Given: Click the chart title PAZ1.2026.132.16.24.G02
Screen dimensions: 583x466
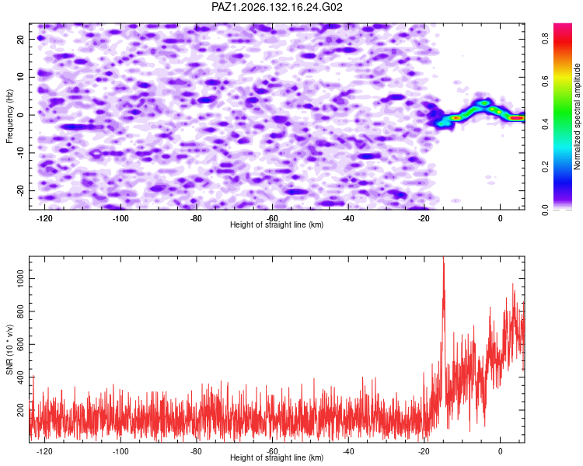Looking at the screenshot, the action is pyautogui.click(x=277, y=7).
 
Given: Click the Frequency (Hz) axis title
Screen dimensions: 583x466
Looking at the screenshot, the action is pyautogui.click(x=9, y=116).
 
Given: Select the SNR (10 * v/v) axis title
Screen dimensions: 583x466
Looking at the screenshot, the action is pyautogui.click(x=9, y=349).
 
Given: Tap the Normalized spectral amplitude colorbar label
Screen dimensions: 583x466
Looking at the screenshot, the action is pyautogui.click(x=577, y=116).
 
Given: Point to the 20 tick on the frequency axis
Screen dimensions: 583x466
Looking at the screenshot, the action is pyautogui.click(x=20, y=40).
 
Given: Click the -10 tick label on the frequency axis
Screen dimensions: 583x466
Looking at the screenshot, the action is pyautogui.click(x=20, y=152).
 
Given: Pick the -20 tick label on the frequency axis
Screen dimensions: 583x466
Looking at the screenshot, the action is pyautogui.click(x=20, y=190).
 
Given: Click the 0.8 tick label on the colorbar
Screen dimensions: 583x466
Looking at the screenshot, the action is pyautogui.click(x=546, y=38).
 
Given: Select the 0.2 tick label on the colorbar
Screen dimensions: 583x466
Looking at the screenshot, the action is pyautogui.click(x=546, y=167).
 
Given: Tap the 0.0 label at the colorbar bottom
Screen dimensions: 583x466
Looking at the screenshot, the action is pyautogui.click(x=546, y=210).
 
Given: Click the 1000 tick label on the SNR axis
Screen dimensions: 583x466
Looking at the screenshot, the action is pyautogui.click(x=20, y=278).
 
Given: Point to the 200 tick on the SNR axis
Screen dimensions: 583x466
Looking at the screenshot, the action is pyautogui.click(x=20, y=410).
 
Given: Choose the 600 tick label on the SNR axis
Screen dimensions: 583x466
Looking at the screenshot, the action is pyautogui.click(x=20, y=344).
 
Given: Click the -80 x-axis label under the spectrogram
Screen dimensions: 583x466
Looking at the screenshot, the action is pyautogui.click(x=197, y=218).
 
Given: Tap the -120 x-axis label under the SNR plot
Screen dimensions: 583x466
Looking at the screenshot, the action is pyautogui.click(x=44, y=451).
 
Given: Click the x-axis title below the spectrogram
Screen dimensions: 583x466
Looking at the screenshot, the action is pyautogui.click(x=277, y=224).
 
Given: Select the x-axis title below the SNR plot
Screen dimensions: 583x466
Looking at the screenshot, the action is pyautogui.click(x=277, y=457).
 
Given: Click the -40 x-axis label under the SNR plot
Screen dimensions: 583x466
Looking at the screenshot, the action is pyautogui.click(x=348, y=451).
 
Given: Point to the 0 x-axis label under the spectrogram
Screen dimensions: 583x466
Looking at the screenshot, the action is pyautogui.click(x=500, y=218).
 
